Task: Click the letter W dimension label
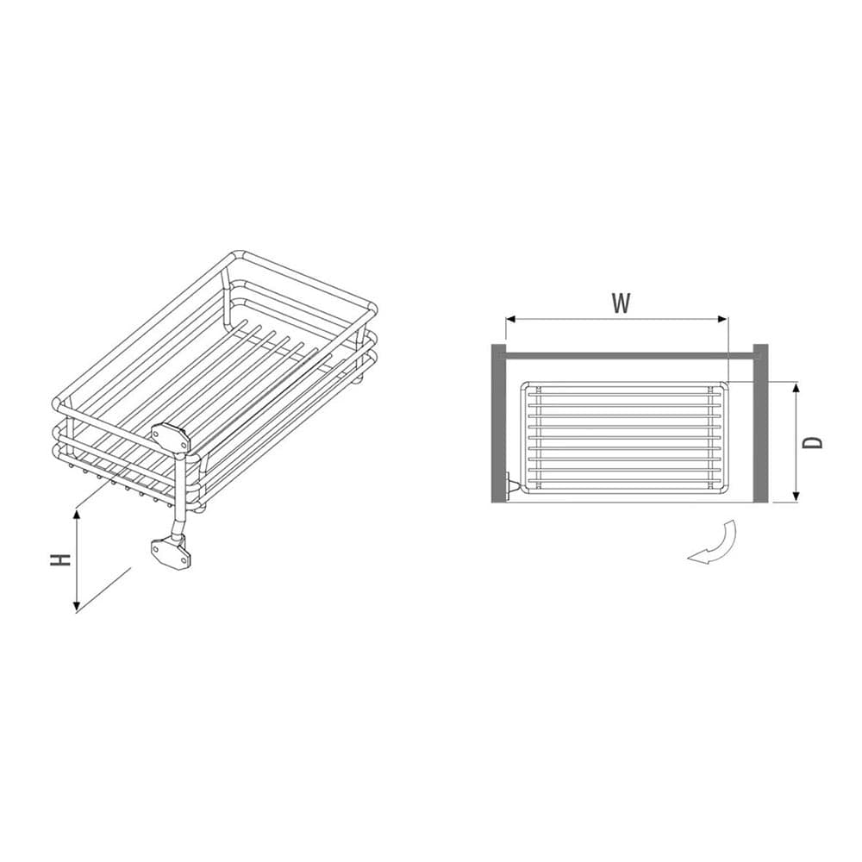621,303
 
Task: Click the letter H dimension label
60,559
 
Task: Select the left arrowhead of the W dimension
511,319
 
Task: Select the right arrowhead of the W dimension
721,319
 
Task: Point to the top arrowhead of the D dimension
796,389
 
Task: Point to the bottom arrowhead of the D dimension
796,496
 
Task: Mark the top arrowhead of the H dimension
77,515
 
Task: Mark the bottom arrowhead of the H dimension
77,606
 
